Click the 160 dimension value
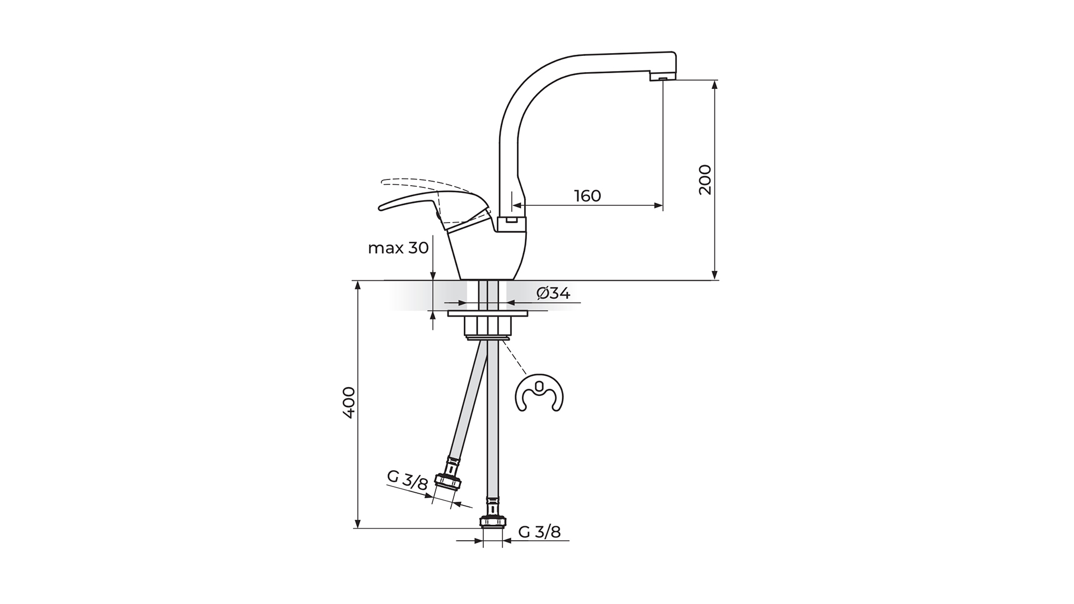pyautogui.click(x=587, y=196)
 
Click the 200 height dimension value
pyautogui.click(x=705, y=180)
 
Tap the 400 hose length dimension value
pyautogui.click(x=348, y=403)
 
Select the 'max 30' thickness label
pyautogui.click(x=398, y=248)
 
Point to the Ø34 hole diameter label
pyautogui.click(x=553, y=292)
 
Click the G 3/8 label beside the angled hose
pyautogui.click(x=408, y=480)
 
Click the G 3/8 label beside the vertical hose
pyautogui.click(x=539, y=531)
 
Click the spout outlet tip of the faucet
pyautogui.click(x=662, y=79)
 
